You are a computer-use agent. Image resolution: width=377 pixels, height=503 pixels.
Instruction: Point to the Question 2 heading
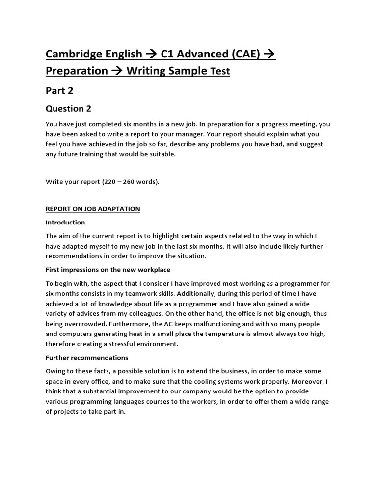(68, 109)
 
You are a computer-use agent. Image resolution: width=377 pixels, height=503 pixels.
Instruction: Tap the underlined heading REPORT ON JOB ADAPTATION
(93, 209)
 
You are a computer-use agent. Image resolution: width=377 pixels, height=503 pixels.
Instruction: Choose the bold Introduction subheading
(65, 223)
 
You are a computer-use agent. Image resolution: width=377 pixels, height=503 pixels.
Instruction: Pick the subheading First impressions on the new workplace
(108, 270)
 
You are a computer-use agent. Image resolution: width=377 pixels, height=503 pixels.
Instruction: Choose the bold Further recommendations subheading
(87, 358)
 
